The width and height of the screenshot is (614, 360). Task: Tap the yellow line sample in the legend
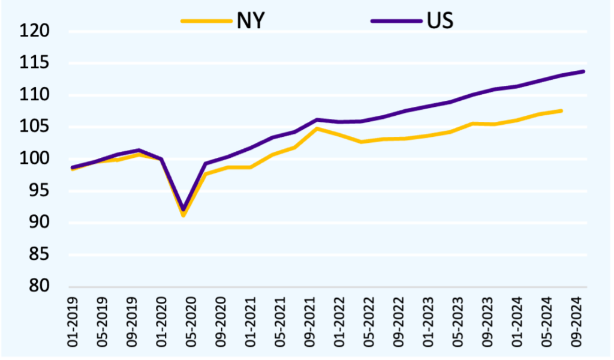pyautogui.click(x=206, y=20)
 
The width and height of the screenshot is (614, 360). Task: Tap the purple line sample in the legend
pyautogui.click(x=396, y=20)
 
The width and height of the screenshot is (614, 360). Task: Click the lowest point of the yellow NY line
pyautogui.click(x=183, y=215)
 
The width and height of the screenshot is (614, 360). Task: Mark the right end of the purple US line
pyautogui.click(x=584, y=71)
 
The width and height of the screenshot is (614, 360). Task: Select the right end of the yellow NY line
pyautogui.click(x=561, y=110)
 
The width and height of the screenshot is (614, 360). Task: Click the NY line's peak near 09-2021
pyautogui.click(x=317, y=128)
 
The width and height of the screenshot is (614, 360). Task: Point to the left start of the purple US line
pyautogui.click(x=73, y=167)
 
